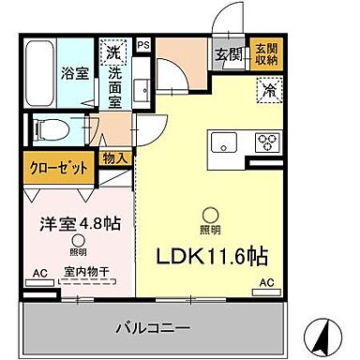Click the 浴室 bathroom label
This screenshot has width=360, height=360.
(x=76, y=71)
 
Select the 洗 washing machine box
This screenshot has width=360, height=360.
(x=111, y=51)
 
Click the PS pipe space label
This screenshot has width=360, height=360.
(x=142, y=43)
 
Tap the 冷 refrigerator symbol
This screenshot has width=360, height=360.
(x=268, y=92)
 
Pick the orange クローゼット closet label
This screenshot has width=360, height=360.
(x=58, y=169)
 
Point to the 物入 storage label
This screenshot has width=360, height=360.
(x=114, y=159)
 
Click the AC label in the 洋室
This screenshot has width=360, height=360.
(x=38, y=273)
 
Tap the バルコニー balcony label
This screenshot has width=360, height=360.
(x=153, y=329)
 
